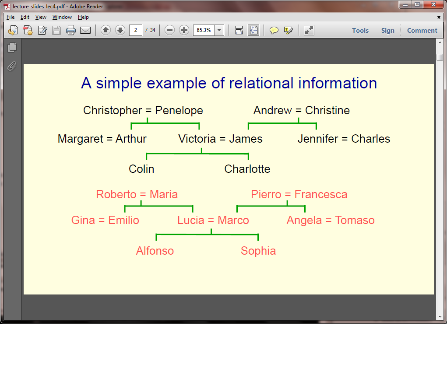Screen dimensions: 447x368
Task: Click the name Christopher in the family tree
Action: (113, 111)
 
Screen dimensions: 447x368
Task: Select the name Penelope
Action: (179, 111)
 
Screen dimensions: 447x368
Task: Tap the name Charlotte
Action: (247, 169)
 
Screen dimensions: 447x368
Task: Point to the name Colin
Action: (141, 169)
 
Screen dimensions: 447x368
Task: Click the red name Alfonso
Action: (155, 251)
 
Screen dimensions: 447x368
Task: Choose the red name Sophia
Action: (258, 251)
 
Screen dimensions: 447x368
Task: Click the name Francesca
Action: (321, 195)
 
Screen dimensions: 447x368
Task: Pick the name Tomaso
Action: (355, 220)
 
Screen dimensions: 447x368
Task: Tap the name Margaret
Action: (81, 139)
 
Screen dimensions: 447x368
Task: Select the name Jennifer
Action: (318, 139)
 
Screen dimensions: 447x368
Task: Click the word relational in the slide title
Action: (261, 83)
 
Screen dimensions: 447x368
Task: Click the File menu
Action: (11, 17)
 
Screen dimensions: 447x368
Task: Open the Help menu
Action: (83, 17)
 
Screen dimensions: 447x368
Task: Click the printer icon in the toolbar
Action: (70, 30)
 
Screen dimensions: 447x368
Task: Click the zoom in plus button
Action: (184, 30)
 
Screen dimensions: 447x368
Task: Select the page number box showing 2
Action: (135, 30)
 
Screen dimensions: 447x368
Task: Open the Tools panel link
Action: (360, 31)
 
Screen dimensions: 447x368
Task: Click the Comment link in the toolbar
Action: (422, 31)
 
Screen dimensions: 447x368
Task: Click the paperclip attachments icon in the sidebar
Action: (12, 66)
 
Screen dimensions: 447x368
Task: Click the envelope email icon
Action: (85, 30)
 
